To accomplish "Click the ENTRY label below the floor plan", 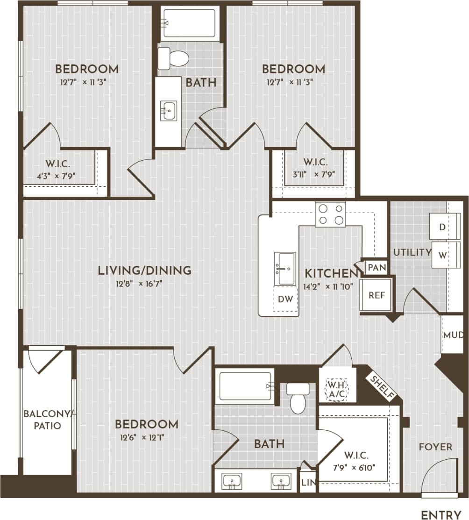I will [x=441, y=515].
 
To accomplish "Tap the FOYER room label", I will [x=435, y=447].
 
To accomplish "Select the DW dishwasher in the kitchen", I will [x=285, y=299].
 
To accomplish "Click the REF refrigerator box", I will [x=377, y=295].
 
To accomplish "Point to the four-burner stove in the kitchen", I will [x=330, y=214].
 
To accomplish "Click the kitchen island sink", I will [x=284, y=269].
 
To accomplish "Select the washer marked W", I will [x=442, y=255].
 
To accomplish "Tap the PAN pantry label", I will [x=377, y=268].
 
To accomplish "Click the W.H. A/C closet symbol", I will [x=337, y=390].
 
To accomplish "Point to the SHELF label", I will [x=382, y=387].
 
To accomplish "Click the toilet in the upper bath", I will [x=174, y=58].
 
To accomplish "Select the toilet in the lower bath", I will [x=298, y=399].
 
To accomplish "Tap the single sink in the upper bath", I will [x=169, y=111].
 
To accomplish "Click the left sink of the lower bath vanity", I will [x=232, y=481].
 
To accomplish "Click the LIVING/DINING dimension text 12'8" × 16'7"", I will [x=144, y=283].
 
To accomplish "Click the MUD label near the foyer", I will [x=453, y=335].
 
